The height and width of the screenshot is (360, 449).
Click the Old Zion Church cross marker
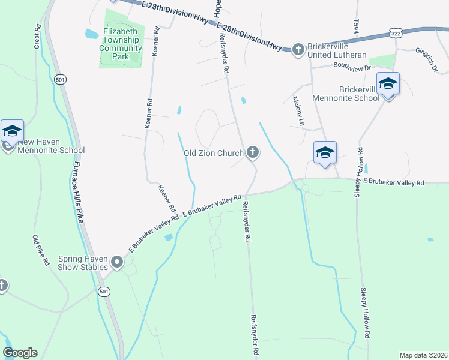coord(253,153)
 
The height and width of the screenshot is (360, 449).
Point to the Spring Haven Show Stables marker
coord(116,262)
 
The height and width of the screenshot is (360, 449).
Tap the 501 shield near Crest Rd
coord(59,79)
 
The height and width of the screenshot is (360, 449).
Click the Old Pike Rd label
coord(37,248)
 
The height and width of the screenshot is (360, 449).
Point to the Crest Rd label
coord(37,37)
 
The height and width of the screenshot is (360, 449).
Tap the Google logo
coord(20,353)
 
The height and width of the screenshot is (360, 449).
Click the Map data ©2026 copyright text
coord(423,355)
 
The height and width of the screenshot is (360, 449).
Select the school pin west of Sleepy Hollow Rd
coord(325,152)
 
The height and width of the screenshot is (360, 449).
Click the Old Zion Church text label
coord(213,153)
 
